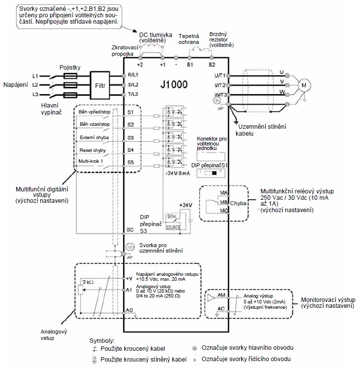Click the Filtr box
tap(100, 85)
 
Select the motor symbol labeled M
tap(304, 85)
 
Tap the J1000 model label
tap(174, 84)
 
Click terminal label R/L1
tap(133, 75)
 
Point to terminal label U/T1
tap(219, 75)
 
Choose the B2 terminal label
tap(212, 65)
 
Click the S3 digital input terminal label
tap(131, 137)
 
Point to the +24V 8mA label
tap(177, 173)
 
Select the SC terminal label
tap(131, 230)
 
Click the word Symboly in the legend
tap(101, 341)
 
